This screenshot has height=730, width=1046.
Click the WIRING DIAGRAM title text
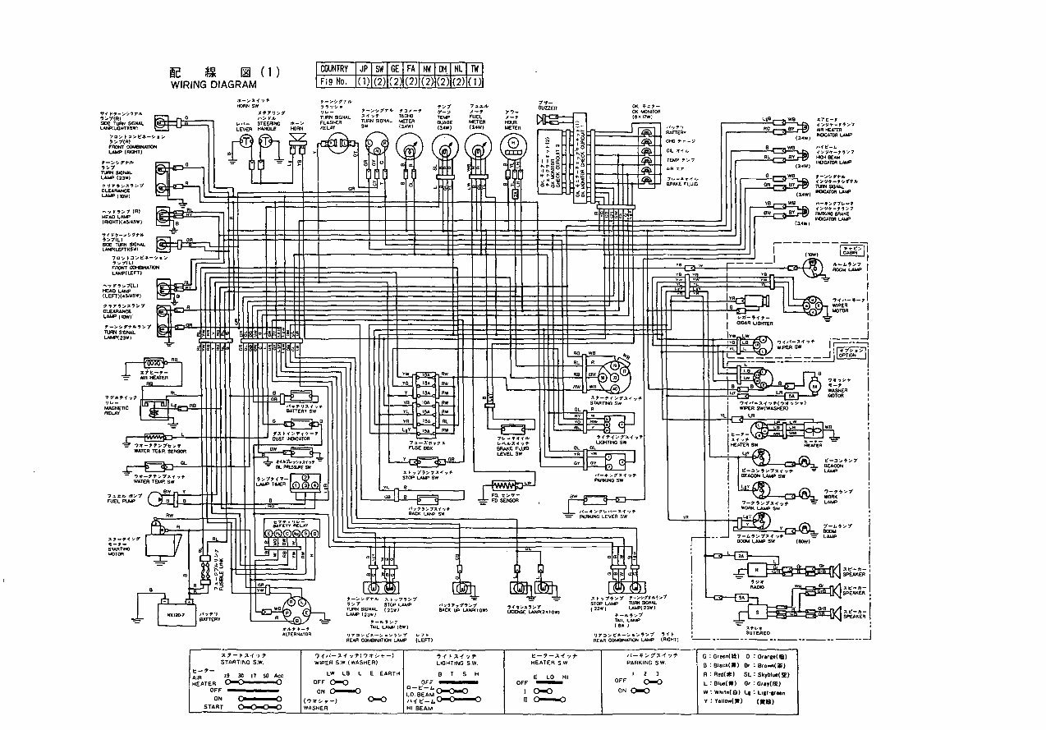coord(213,84)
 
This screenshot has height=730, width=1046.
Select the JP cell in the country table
coord(361,68)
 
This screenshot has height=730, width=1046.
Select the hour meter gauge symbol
coord(513,145)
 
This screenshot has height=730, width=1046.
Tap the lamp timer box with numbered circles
coord(304,485)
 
